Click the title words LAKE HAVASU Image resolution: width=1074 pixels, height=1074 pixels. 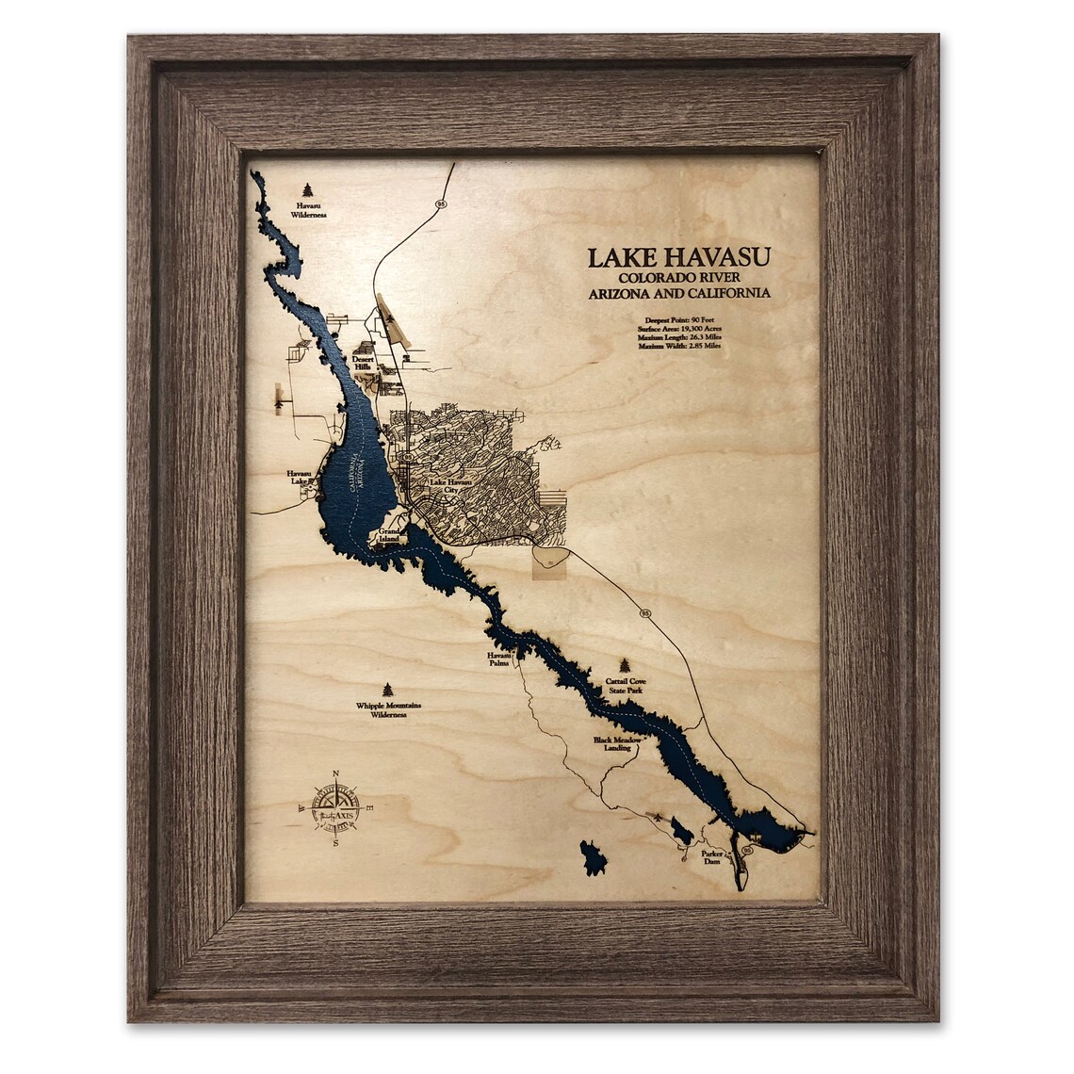coord(679,258)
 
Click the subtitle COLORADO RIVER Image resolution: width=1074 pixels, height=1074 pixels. coord(679,278)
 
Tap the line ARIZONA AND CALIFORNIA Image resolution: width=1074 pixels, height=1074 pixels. coord(679,293)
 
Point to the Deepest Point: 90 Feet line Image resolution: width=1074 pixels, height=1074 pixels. coord(679,319)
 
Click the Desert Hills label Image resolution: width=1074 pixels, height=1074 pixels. coord(364,363)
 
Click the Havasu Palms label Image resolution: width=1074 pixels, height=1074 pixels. coord(498,659)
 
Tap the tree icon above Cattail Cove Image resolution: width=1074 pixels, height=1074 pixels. coord(625,665)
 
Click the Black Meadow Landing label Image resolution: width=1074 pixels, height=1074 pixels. coord(618,744)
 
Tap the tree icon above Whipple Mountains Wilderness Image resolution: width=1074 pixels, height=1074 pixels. coord(387,690)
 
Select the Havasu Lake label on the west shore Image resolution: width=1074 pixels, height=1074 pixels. coord(301,478)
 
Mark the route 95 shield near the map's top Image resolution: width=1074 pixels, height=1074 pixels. coord(440,203)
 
